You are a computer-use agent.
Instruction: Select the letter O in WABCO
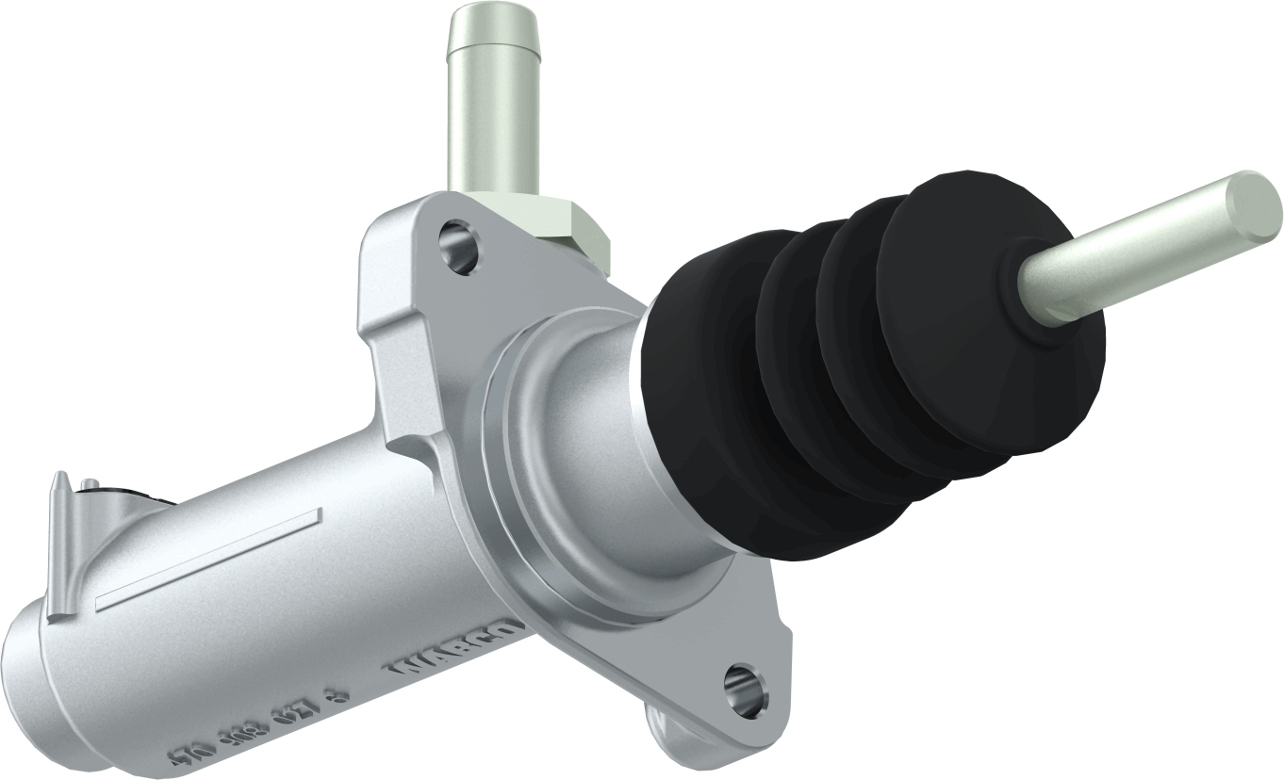503,627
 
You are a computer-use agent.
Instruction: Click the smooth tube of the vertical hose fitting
492,132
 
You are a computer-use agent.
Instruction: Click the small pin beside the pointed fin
90,486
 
